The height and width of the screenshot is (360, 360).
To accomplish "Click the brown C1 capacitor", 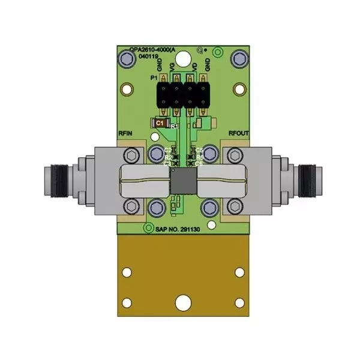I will click(x=160, y=123).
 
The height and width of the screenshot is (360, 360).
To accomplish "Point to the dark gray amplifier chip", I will click(x=181, y=181).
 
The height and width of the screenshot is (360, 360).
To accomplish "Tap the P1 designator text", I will click(x=153, y=79).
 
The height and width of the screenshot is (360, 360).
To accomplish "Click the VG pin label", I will click(x=173, y=66).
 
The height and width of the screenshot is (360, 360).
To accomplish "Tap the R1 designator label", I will click(x=175, y=127).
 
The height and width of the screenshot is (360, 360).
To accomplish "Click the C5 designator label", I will click(x=199, y=149).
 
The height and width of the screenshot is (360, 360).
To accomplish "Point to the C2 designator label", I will click(x=168, y=149).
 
